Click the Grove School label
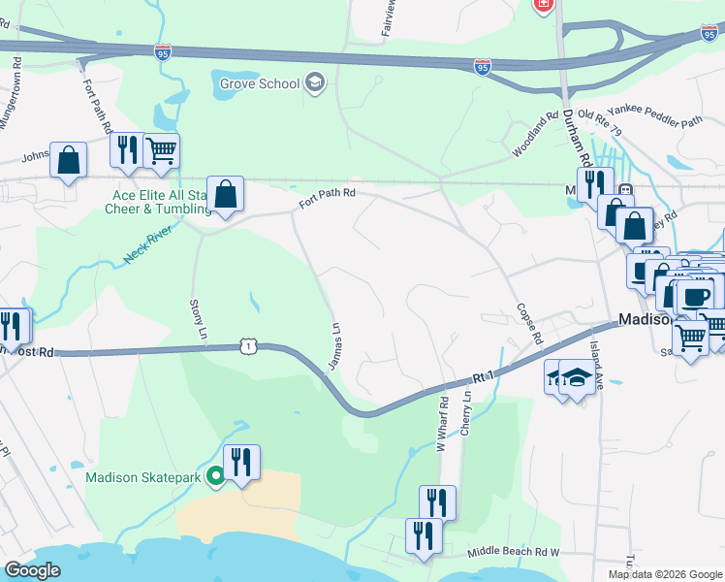pyautogui.click(x=260, y=83)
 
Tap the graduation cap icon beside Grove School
pyautogui.click(x=314, y=82)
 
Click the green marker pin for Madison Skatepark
pyautogui.click(x=216, y=476)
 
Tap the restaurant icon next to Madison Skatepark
pyautogui.click(x=240, y=462)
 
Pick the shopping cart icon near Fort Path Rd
pyautogui.click(x=161, y=150)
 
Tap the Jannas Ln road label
pyautogui.click(x=335, y=344)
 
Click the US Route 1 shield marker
pyautogui.click(x=249, y=345)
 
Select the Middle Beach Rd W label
pyautogui.click(x=513, y=551)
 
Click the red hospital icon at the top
pyautogui.click(x=544, y=5)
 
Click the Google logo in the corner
pyautogui.click(x=31, y=569)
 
